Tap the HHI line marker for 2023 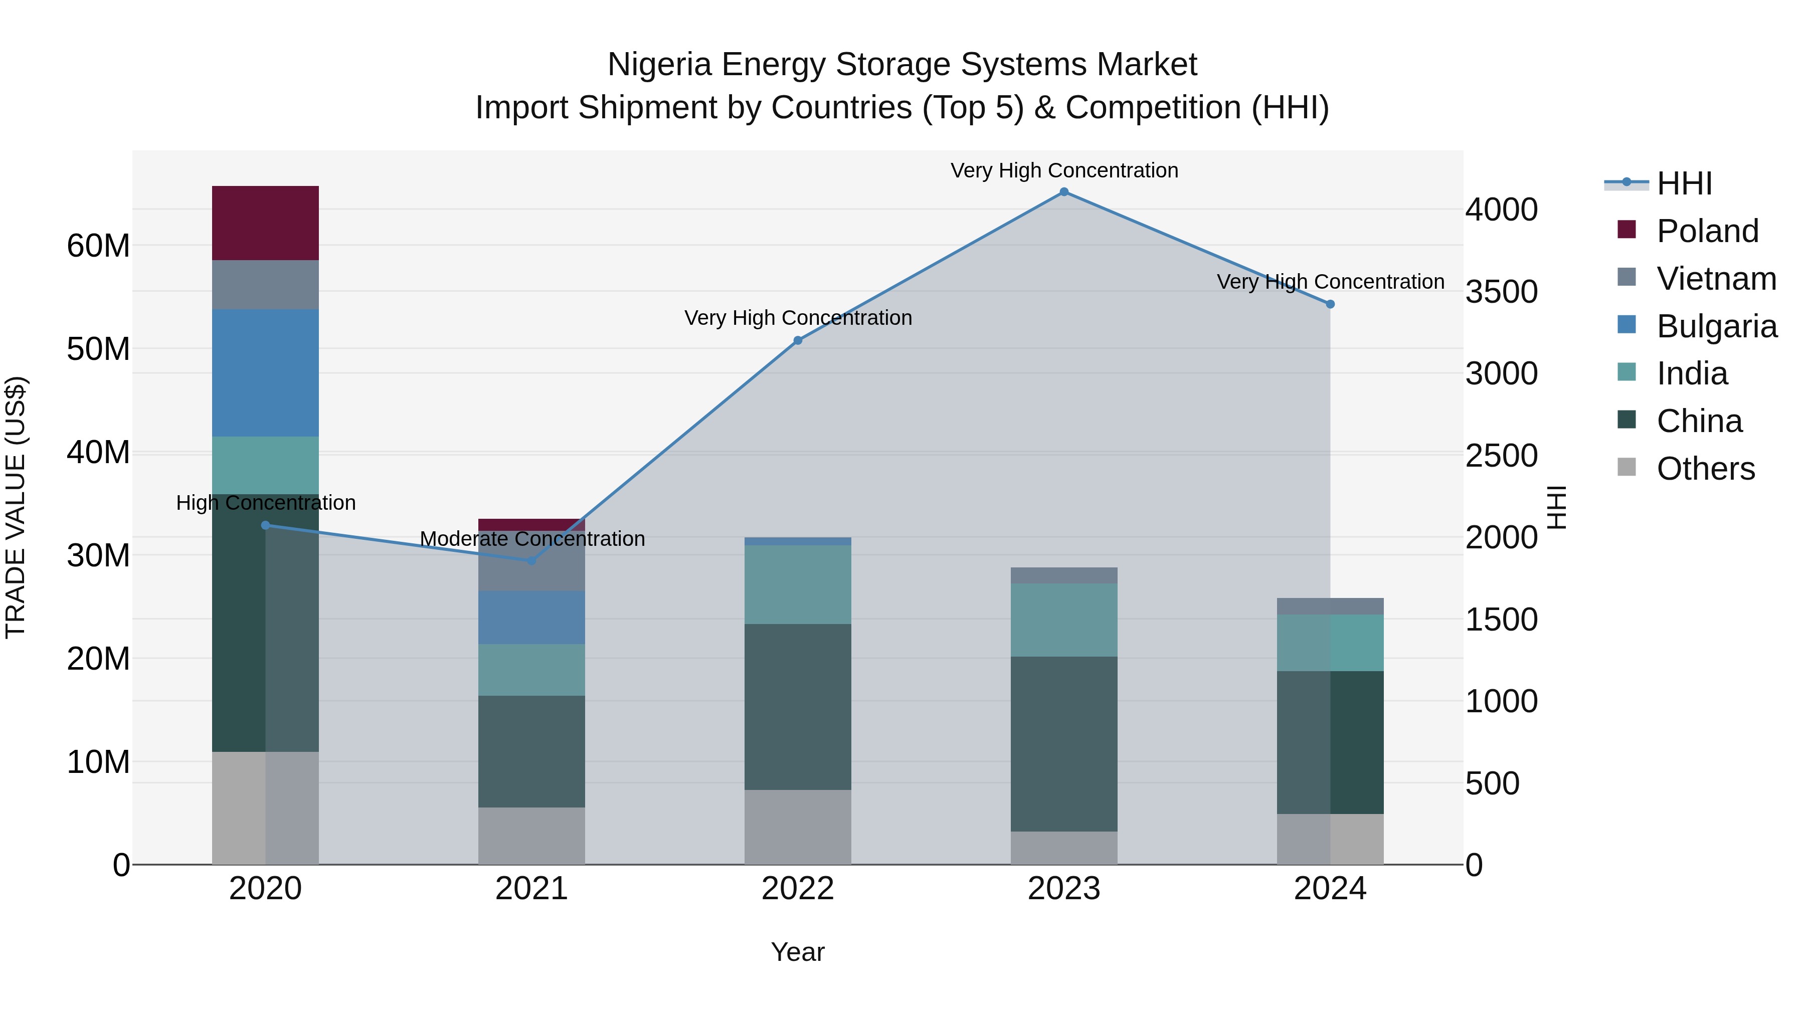(x=1063, y=192)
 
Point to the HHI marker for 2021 (x=531, y=560)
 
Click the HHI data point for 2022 (x=797, y=340)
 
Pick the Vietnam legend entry (x=1715, y=279)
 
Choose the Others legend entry (x=1705, y=469)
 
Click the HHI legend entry (x=1684, y=183)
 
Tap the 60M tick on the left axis (x=98, y=246)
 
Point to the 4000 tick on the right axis (x=1501, y=210)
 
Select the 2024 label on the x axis (x=1329, y=889)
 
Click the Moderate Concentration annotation (x=532, y=539)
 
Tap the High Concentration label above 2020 (x=266, y=503)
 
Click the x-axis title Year (x=797, y=952)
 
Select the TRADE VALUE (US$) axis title (x=16, y=507)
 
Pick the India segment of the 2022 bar (x=797, y=585)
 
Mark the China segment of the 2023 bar (x=1063, y=744)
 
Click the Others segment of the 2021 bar (x=531, y=836)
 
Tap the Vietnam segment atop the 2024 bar (x=1330, y=606)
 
